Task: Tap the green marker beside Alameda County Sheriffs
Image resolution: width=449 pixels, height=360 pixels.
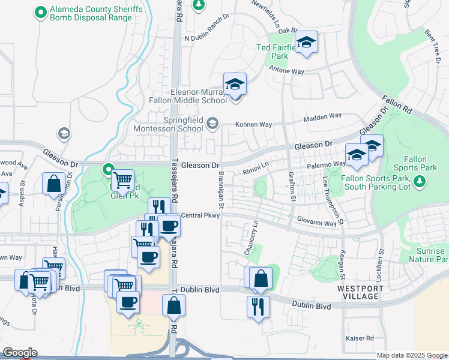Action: [41, 11]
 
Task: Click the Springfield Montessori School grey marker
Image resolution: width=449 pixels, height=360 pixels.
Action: [212, 124]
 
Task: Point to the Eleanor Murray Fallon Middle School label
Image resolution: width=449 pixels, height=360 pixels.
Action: [189, 96]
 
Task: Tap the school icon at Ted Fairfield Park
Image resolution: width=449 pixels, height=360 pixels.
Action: [306, 42]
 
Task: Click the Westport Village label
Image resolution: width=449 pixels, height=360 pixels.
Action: [358, 292]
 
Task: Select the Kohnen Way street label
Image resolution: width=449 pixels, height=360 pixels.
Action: [258, 125]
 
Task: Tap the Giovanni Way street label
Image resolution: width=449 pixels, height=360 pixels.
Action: [318, 223]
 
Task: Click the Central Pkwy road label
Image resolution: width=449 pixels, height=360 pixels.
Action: [198, 215]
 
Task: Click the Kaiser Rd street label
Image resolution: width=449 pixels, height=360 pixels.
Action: [360, 338]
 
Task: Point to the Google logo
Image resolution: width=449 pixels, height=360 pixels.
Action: [20, 353]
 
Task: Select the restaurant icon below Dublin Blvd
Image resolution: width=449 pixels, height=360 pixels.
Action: [258, 306]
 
